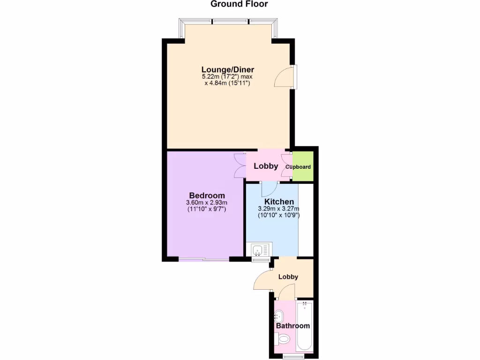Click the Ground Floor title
click(239, 5)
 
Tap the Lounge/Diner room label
click(228, 70)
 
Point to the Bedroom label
click(207, 195)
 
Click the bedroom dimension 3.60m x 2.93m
click(207, 202)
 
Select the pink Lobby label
click(266, 166)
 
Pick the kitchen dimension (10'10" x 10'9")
click(279, 216)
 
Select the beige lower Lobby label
click(288, 277)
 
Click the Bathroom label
click(292, 326)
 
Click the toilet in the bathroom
click(283, 338)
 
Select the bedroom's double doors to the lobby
click(240, 166)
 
